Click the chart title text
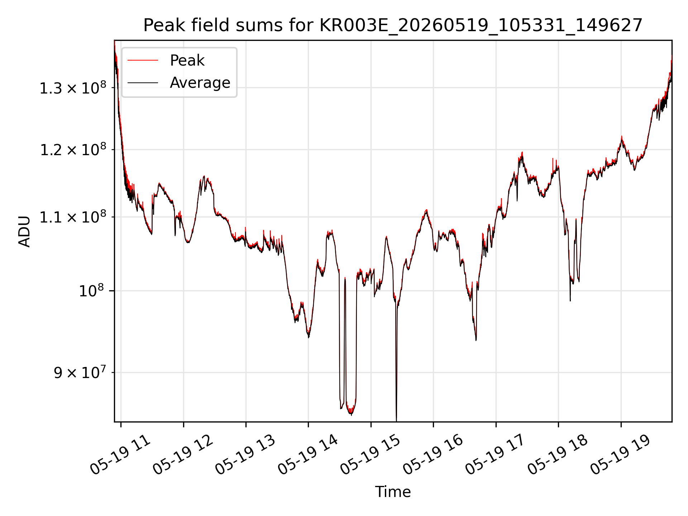coord(393,25)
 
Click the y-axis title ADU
coord(24,231)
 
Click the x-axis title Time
coord(393,492)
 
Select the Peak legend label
coord(187,61)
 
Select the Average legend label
coord(200,83)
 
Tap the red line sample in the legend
coord(143,60)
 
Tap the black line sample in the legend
coord(143,83)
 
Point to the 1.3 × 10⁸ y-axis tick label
coord(73,88)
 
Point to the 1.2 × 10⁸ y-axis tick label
coord(73,149)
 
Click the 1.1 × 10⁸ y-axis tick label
coord(73,217)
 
